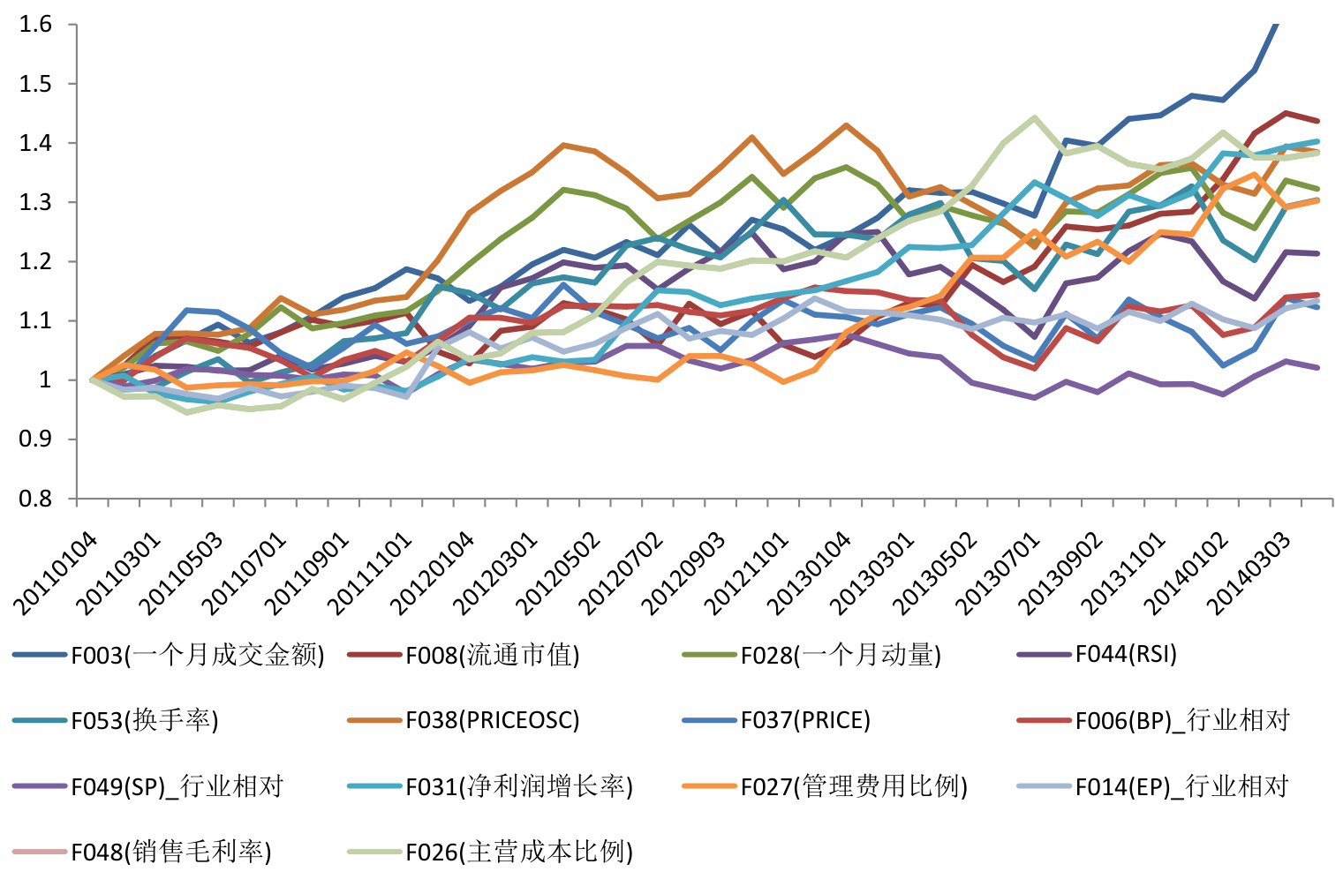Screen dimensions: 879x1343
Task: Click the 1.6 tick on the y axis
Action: tap(35, 24)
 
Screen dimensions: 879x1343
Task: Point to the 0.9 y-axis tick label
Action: tap(35, 439)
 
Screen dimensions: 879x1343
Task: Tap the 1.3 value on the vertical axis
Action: tap(35, 202)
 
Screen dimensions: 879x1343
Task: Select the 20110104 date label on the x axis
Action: tap(55, 574)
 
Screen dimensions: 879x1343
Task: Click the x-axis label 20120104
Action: tap(432, 574)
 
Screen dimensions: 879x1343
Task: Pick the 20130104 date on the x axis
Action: tap(808, 574)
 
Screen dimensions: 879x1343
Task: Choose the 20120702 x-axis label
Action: tap(620, 574)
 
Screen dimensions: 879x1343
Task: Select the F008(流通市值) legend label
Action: tap(492, 655)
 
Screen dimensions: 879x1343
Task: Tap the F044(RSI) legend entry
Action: tap(1126, 655)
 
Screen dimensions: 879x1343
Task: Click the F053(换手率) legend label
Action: tap(145, 720)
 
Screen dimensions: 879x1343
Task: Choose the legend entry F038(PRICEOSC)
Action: tap(492, 720)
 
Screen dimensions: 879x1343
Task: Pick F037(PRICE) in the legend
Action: tap(805, 720)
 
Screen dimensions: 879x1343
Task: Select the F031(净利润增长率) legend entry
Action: tap(519, 785)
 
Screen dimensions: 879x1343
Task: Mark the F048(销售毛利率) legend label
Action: tap(171, 852)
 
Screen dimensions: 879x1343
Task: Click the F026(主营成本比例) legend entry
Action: tap(519, 852)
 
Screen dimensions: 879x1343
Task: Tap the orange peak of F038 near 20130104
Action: tap(847, 125)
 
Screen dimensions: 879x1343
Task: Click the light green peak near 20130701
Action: tap(1034, 117)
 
